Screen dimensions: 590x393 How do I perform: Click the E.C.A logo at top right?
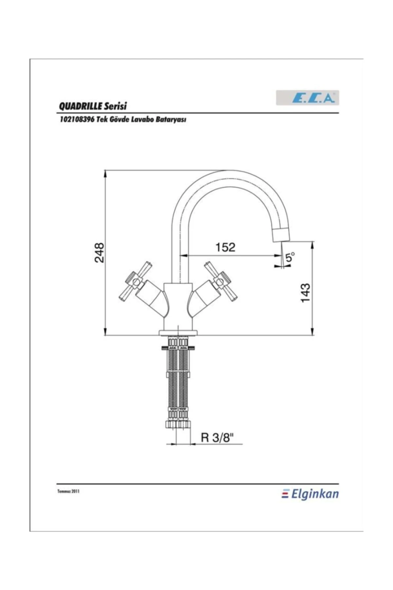307,98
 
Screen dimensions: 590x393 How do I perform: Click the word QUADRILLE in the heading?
81,106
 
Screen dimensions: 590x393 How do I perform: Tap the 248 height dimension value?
99,252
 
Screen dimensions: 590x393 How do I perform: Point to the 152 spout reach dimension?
225,247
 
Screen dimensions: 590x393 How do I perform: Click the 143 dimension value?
305,293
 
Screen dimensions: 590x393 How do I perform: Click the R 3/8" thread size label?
217,438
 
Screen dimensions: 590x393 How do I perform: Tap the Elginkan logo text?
314,494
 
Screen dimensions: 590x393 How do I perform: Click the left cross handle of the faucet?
135,282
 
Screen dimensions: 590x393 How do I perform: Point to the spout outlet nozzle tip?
281,235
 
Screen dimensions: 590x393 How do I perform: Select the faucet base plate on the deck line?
178,333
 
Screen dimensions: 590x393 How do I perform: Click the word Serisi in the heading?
115,106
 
